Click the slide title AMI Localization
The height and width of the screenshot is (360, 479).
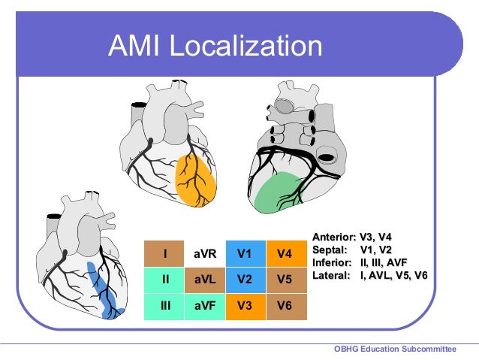click(215, 47)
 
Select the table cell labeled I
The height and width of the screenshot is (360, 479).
click(164, 254)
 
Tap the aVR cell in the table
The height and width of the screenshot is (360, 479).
click(205, 254)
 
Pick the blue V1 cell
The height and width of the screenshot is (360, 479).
click(245, 254)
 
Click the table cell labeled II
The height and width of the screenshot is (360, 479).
click(164, 280)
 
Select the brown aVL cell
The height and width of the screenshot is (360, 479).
click(205, 280)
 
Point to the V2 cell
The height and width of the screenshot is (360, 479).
click(245, 280)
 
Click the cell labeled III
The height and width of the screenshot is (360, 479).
click(164, 306)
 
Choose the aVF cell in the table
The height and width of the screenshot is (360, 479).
click(205, 306)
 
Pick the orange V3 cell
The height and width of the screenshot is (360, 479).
click(245, 306)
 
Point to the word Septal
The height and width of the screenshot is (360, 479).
click(328, 250)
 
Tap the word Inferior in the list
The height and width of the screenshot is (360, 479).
click(331, 263)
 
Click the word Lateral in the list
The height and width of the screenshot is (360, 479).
click(330, 276)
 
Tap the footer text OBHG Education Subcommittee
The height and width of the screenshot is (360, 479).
click(395, 349)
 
